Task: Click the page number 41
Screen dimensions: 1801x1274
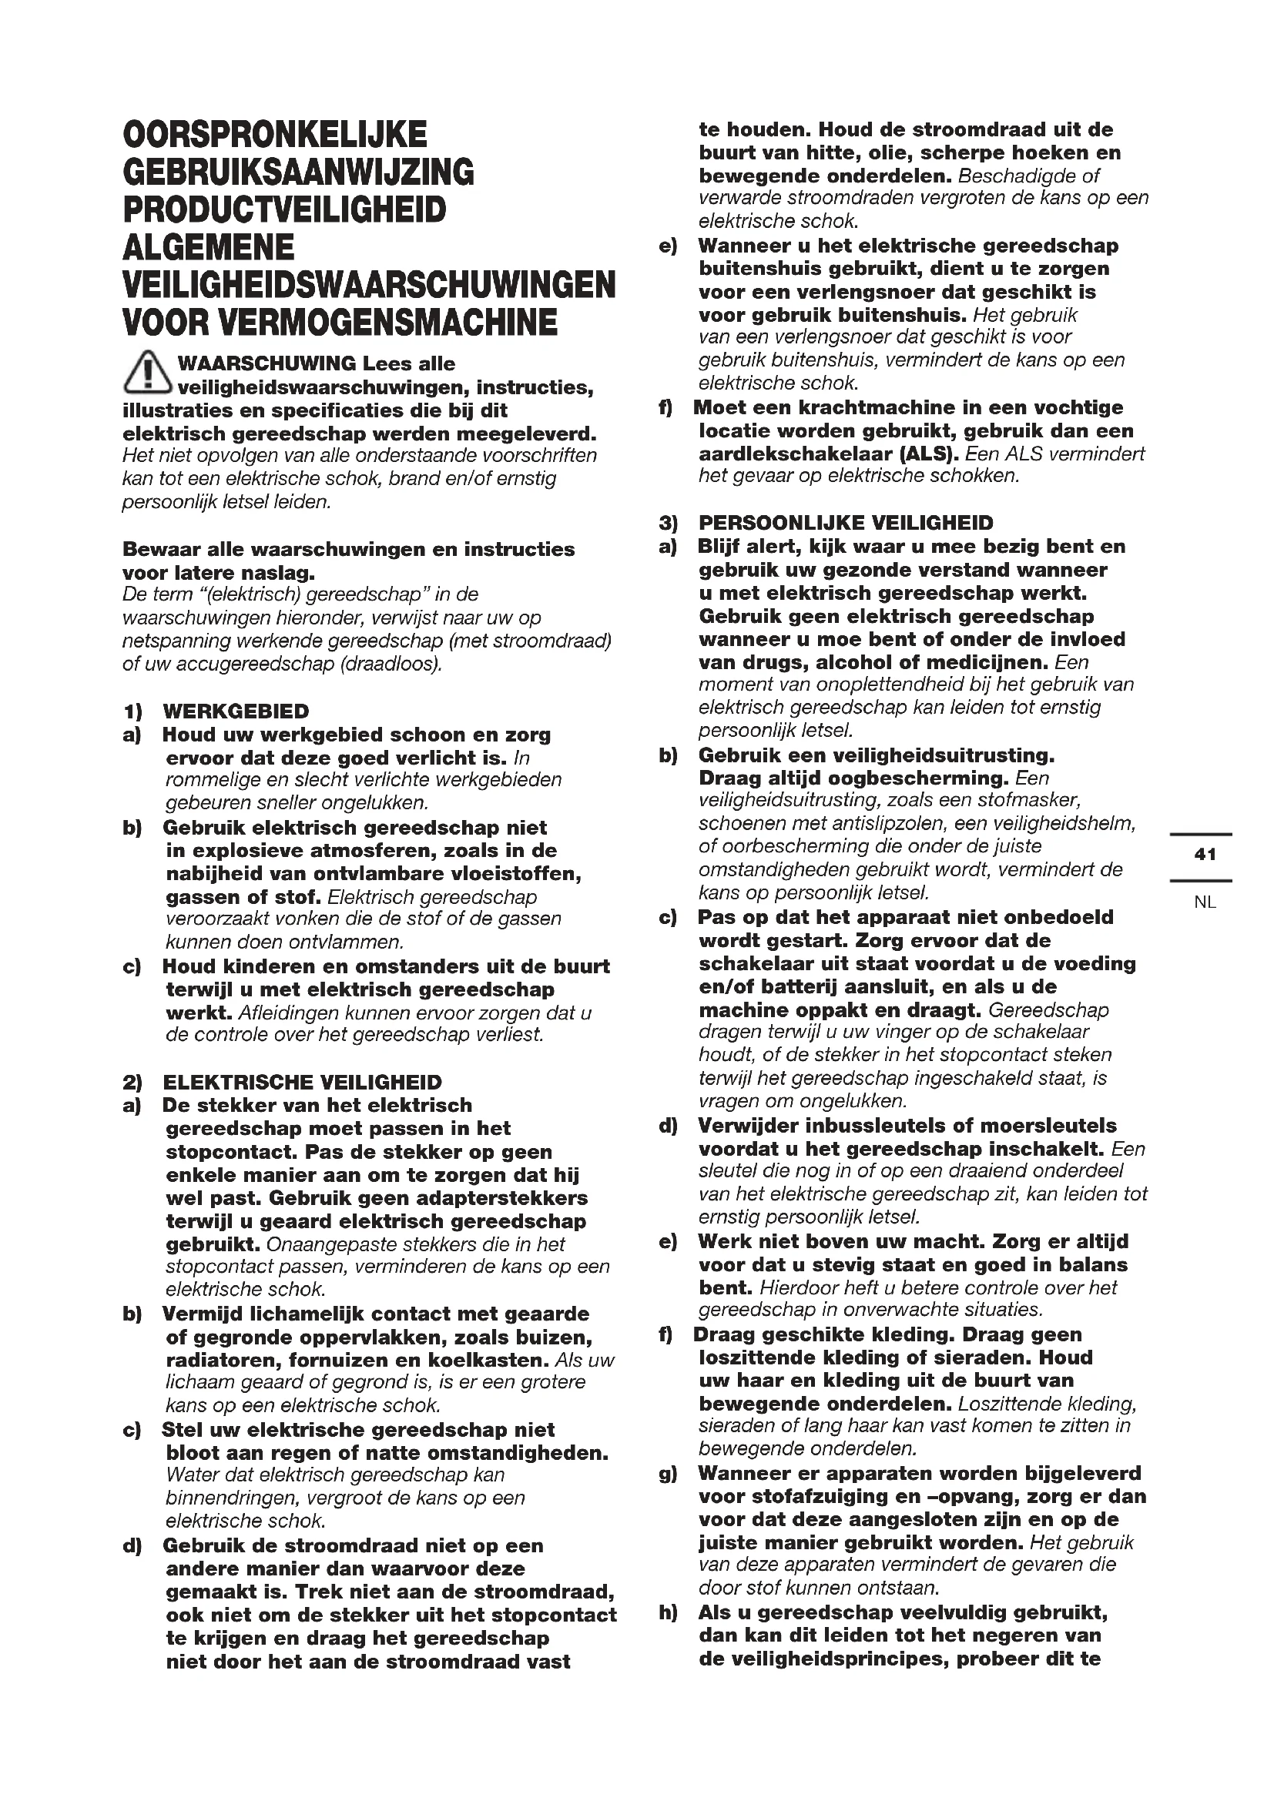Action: tap(1205, 854)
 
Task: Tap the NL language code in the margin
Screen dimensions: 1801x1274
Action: tap(1205, 902)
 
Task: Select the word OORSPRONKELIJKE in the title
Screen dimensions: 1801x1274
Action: tap(275, 134)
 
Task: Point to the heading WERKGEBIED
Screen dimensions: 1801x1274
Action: tap(236, 711)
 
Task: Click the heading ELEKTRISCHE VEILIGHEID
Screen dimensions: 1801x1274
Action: tap(302, 1083)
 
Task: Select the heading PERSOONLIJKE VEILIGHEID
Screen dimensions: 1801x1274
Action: tap(846, 523)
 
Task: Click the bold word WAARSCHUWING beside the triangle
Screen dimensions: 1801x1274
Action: tap(267, 364)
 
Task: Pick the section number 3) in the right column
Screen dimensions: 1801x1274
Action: tap(669, 523)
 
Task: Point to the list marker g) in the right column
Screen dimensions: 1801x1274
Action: tap(669, 1474)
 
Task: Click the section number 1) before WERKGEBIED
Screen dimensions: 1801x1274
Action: tap(132, 711)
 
